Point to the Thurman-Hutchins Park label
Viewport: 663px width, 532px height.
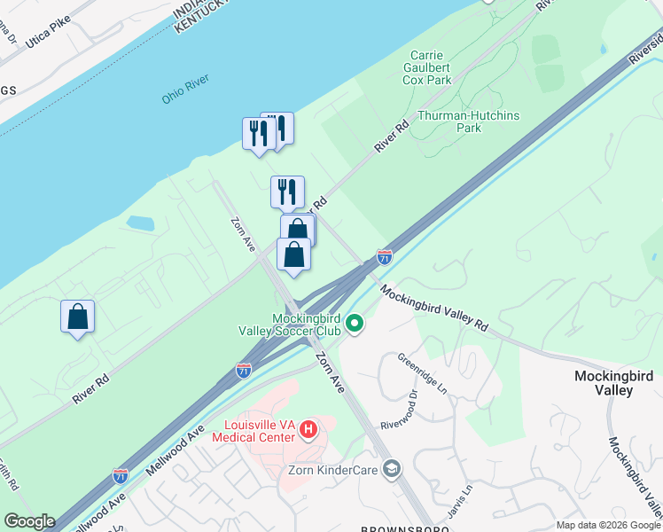468,121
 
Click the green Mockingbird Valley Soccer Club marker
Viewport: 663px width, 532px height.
355,323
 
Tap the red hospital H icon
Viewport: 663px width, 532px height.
308,430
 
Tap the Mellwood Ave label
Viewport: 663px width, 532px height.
175,444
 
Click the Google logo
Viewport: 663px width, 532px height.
29,521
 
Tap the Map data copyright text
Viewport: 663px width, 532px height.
608,525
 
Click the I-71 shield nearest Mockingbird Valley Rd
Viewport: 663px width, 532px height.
384,257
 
